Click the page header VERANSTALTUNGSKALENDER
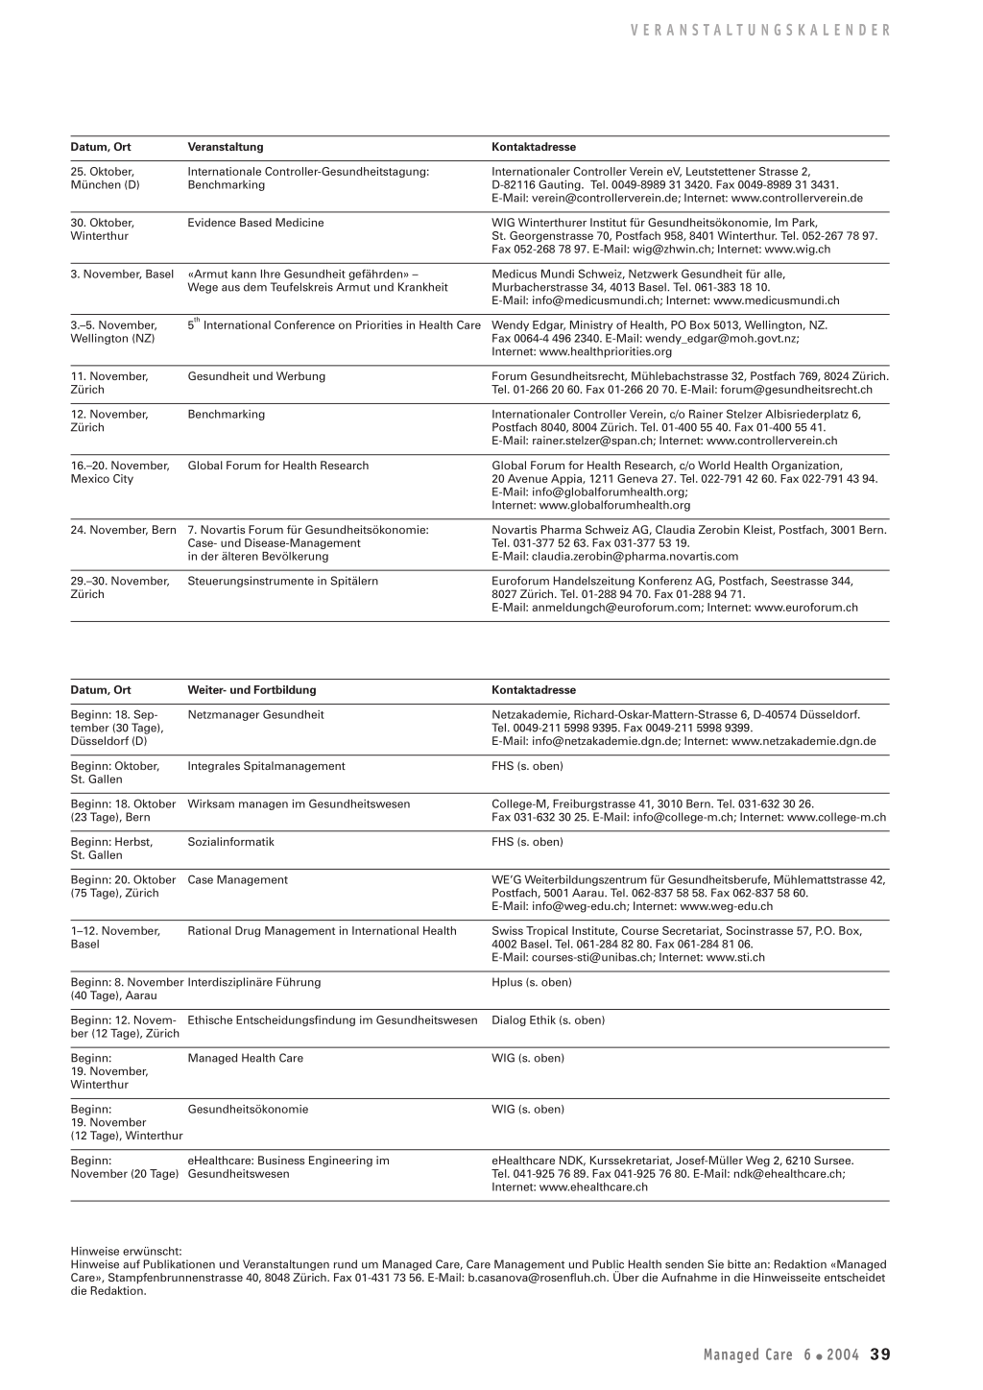point(761,31)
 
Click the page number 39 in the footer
point(880,1354)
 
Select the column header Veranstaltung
point(225,147)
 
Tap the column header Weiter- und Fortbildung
point(252,690)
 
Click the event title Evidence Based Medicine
point(255,223)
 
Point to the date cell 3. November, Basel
point(122,275)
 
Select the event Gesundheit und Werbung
point(256,376)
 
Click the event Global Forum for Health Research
point(277,466)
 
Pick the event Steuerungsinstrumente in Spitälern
point(282,581)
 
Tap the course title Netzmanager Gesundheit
point(255,715)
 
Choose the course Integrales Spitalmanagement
point(266,766)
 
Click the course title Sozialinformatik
point(230,842)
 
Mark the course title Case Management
point(237,879)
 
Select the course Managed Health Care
point(245,1058)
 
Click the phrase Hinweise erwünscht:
point(126,1252)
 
